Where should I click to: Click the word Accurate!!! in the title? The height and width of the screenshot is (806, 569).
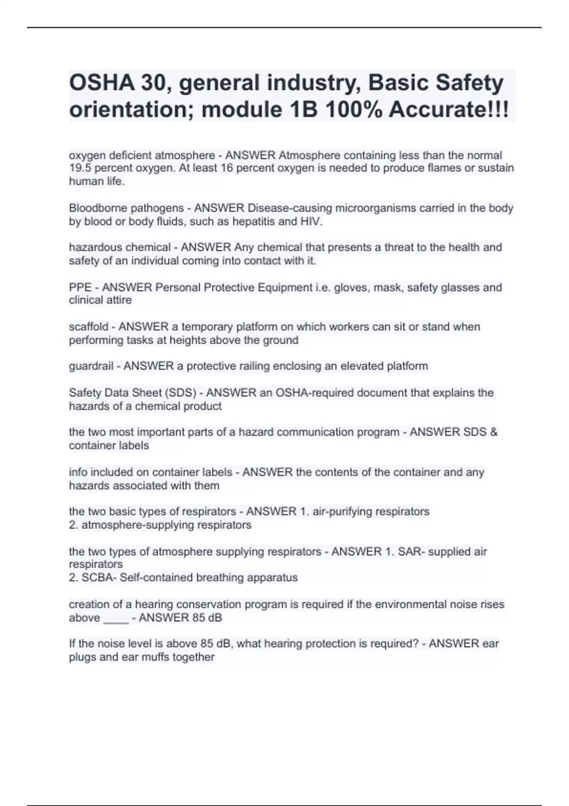pyautogui.click(x=449, y=110)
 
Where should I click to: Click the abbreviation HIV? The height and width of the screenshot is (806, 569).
pyautogui.click(x=311, y=221)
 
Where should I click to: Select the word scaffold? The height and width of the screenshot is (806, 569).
pyautogui.click(x=89, y=327)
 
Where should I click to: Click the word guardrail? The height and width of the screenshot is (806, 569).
pyautogui.click(x=91, y=366)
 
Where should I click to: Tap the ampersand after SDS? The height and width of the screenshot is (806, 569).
pyautogui.click(x=494, y=432)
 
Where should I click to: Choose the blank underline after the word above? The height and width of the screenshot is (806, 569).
pyautogui.click(x=116, y=618)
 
